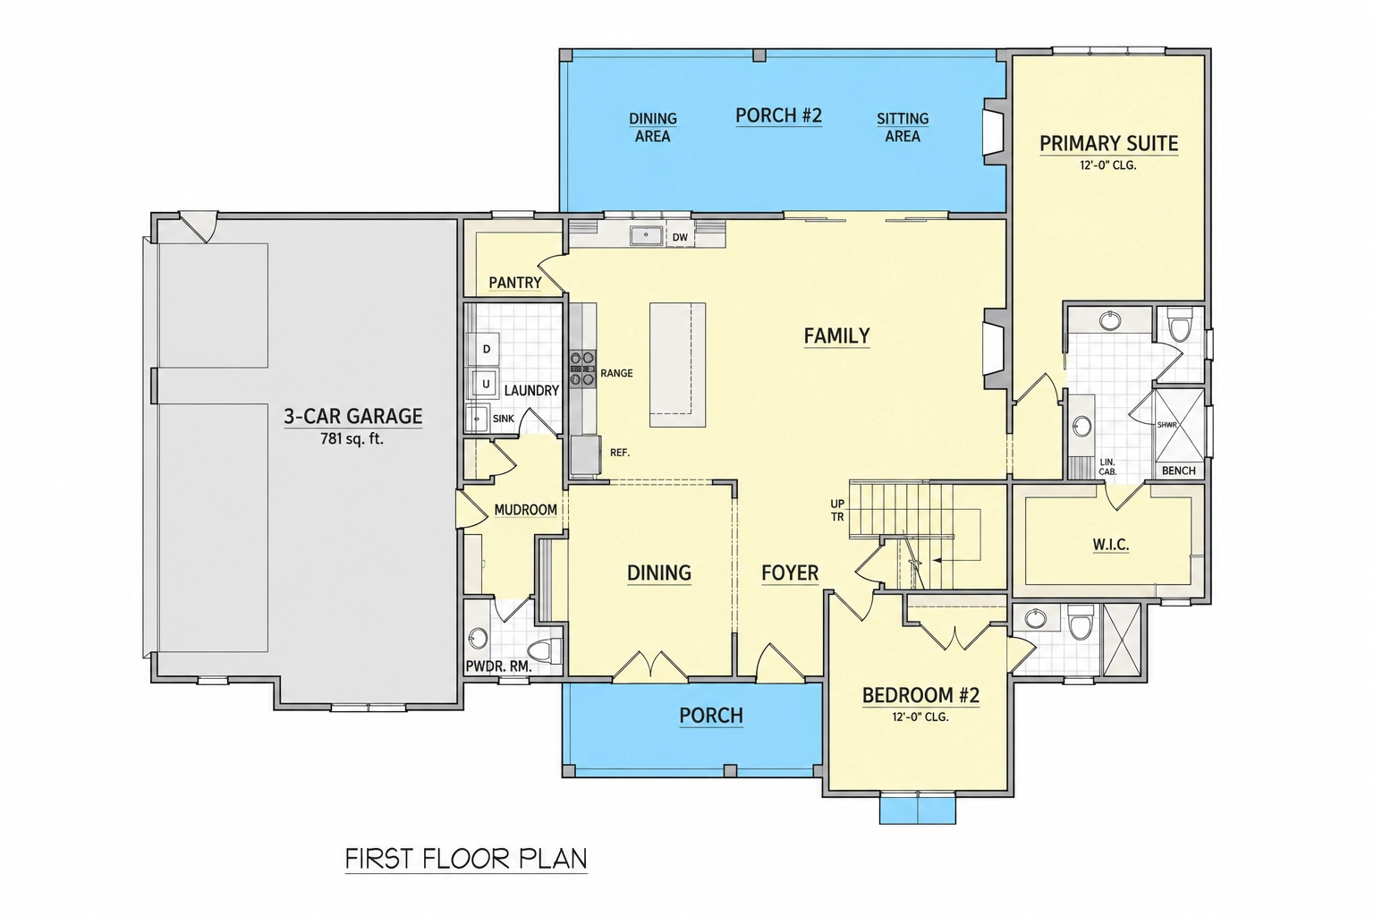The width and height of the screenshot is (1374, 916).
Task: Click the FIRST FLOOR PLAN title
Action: [466, 859]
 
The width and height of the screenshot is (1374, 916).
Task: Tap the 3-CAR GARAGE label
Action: [352, 416]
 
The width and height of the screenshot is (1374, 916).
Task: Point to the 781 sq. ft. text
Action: [352, 438]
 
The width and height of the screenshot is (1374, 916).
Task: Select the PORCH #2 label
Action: [778, 115]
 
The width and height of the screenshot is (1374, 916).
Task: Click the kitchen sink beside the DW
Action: [646, 235]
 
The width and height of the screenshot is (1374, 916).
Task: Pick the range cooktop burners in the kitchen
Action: [582, 369]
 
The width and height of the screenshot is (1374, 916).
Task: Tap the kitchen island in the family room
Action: [677, 364]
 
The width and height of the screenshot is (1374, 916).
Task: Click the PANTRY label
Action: [515, 283]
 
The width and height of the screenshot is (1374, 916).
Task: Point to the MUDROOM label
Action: [526, 510]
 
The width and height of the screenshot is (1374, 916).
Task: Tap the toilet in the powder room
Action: [545, 649]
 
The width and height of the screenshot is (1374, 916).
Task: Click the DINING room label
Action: [659, 573]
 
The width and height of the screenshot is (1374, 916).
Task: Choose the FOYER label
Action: [790, 573]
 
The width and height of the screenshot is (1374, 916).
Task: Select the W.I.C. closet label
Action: [1111, 545]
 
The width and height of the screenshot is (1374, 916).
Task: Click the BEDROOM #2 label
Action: [920, 695]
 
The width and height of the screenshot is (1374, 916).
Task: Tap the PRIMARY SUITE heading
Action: [1108, 143]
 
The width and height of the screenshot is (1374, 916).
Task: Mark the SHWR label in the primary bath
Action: [1166, 425]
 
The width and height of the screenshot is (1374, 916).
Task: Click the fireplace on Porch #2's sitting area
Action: [995, 131]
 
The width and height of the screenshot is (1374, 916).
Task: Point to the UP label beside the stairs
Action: [837, 504]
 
